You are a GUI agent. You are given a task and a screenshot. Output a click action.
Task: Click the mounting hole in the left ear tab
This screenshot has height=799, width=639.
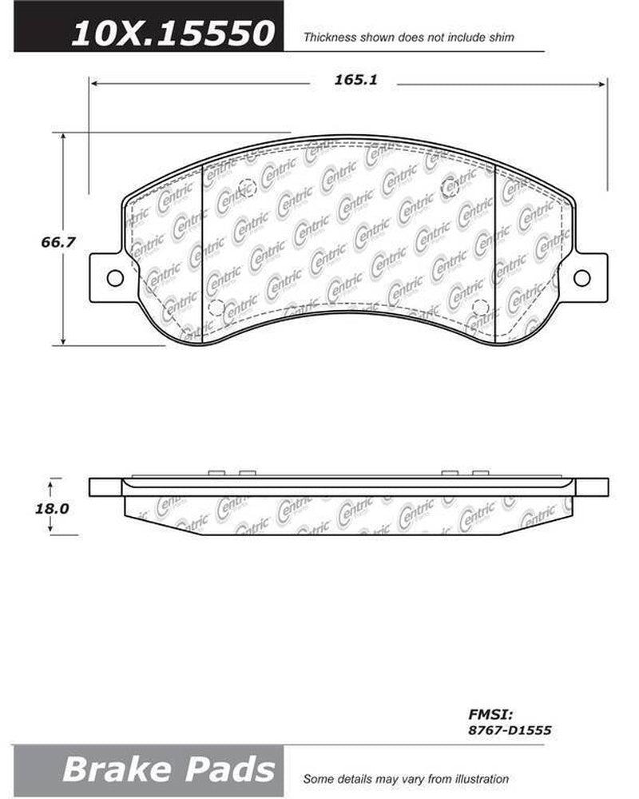click(114, 278)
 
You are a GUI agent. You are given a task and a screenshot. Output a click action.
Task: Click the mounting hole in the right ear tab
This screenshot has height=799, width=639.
click(581, 277)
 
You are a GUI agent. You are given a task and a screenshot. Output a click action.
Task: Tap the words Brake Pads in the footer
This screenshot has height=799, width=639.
click(168, 769)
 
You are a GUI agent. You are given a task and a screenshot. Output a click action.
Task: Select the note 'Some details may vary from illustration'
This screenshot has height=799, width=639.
click(406, 778)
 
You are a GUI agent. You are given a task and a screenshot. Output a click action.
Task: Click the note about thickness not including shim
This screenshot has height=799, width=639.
click(407, 37)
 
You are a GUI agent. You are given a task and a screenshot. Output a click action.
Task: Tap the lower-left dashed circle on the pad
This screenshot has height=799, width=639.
click(215, 308)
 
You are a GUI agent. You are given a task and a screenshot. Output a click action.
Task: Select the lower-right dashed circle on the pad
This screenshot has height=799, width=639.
click(480, 307)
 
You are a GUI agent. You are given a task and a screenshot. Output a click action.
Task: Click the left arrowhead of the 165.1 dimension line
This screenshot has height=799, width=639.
click(93, 81)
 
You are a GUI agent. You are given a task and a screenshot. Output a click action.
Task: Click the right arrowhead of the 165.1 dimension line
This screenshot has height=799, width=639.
click(603, 81)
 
